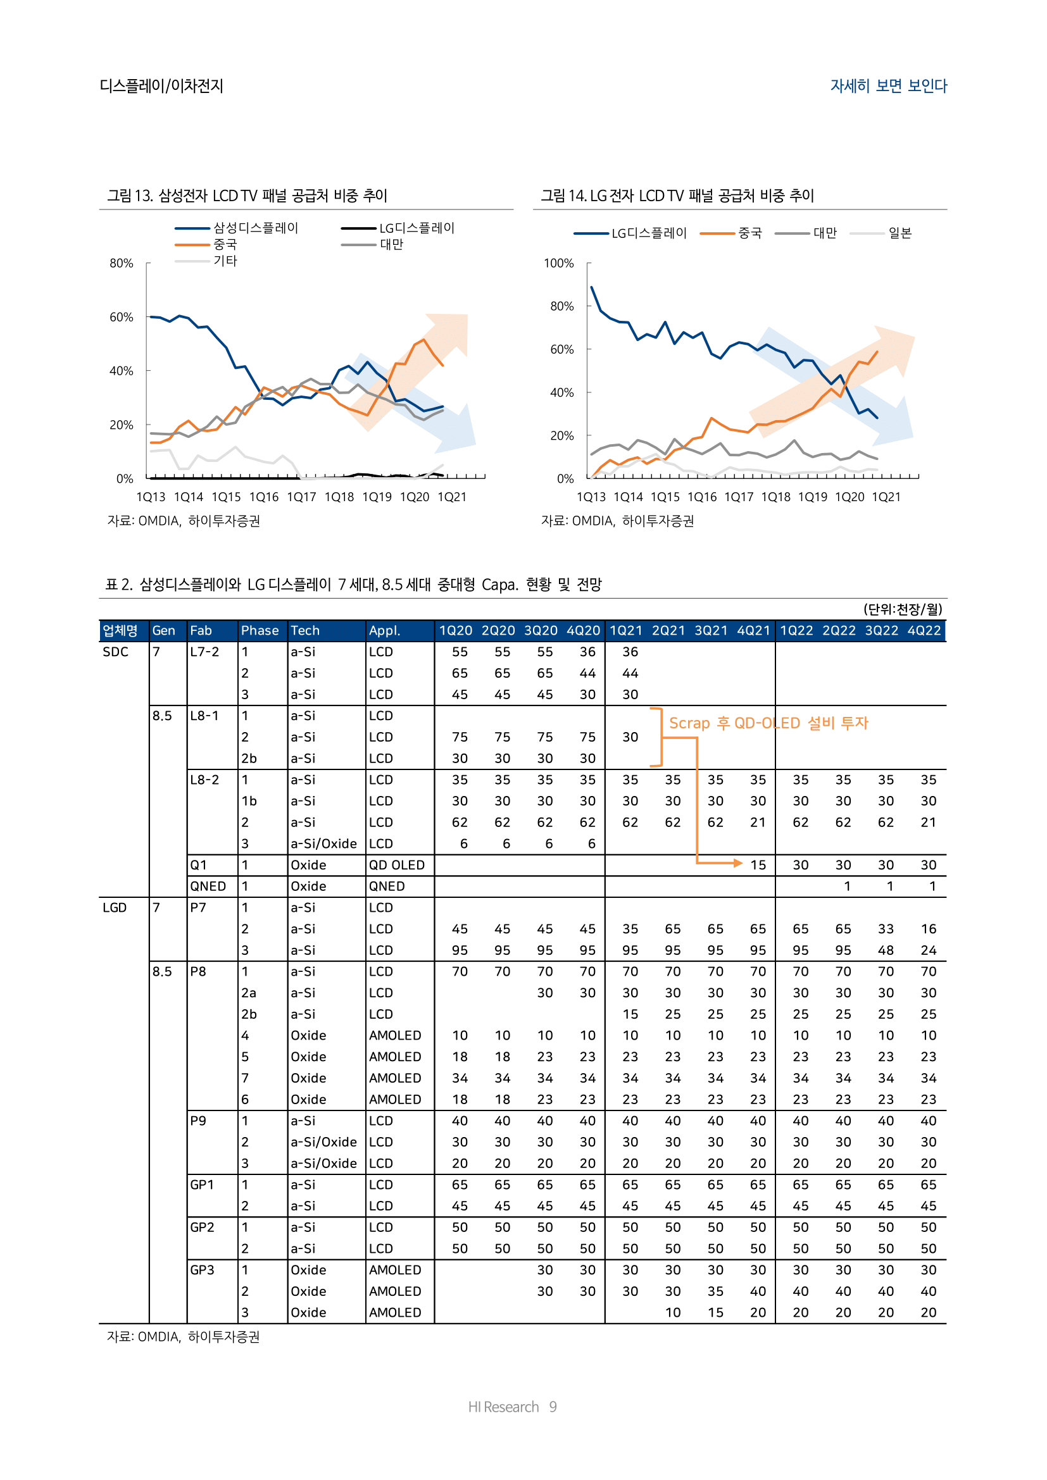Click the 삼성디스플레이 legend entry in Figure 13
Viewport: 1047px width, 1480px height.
(x=255, y=228)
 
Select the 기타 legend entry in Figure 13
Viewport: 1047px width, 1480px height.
(x=225, y=261)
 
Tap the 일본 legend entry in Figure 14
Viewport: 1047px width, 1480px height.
(x=900, y=233)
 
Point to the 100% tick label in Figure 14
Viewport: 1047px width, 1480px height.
(x=558, y=263)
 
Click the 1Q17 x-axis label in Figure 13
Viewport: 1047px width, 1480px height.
(x=301, y=497)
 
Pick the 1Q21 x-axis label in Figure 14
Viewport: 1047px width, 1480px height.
(x=886, y=497)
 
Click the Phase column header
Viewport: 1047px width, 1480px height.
(x=260, y=630)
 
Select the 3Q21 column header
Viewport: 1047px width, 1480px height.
(x=710, y=630)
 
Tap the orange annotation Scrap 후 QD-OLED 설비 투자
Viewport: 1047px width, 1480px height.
(x=768, y=723)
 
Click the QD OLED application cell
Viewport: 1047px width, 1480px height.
(x=396, y=865)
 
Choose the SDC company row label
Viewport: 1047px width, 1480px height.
(x=115, y=652)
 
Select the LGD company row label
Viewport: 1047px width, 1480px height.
(x=115, y=907)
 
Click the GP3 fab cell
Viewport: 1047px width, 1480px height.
(x=202, y=1270)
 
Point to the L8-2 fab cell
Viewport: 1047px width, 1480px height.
(x=204, y=780)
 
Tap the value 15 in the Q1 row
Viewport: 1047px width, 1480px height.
(x=758, y=865)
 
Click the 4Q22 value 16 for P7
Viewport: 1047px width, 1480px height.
(x=928, y=929)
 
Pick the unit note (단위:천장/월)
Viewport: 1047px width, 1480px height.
(x=902, y=609)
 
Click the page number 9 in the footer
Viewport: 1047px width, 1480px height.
(x=553, y=1407)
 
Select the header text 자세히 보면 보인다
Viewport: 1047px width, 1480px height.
(x=887, y=85)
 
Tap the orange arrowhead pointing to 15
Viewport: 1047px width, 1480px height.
(x=738, y=862)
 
